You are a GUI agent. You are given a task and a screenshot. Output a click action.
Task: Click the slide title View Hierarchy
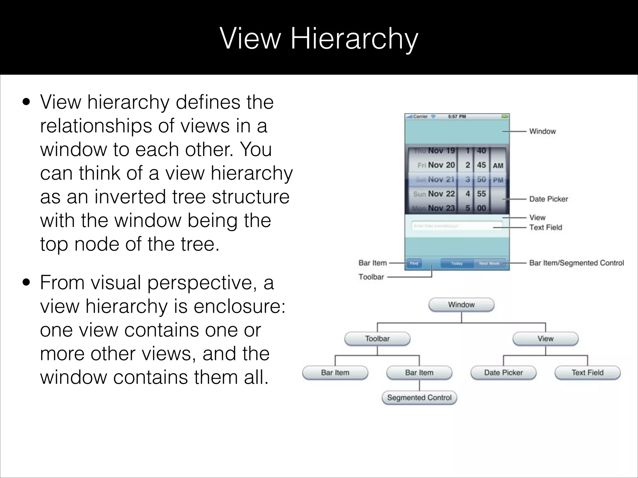pyautogui.click(x=319, y=38)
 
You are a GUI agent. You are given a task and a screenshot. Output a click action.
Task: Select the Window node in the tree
pyautogui.click(x=461, y=305)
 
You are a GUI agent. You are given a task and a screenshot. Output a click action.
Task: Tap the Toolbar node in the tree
pyautogui.click(x=377, y=339)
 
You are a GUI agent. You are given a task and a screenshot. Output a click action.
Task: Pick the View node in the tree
pyautogui.click(x=545, y=339)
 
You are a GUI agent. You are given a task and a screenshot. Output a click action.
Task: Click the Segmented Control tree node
pyautogui.click(x=419, y=398)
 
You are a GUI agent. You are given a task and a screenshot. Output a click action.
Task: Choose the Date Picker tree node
pyautogui.click(x=503, y=373)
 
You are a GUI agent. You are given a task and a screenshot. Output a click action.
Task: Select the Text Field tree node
pyautogui.click(x=587, y=373)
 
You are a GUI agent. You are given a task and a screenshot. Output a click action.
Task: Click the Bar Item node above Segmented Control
pyautogui.click(x=419, y=373)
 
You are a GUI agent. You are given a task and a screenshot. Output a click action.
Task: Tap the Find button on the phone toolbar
pyautogui.click(x=414, y=263)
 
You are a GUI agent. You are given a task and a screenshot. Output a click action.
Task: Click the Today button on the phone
pyautogui.click(x=457, y=263)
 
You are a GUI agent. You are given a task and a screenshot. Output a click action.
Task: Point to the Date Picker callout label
pyautogui.click(x=548, y=199)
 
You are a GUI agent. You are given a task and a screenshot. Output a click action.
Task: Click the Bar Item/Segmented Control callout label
pyautogui.click(x=576, y=263)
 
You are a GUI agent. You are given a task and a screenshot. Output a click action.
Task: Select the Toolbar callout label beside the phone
pyautogui.click(x=371, y=277)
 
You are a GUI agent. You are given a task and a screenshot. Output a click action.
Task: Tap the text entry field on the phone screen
pyautogui.click(x=457, y=226)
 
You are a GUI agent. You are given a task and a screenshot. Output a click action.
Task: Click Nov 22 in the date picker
pyautogui.click(x=441, y=194)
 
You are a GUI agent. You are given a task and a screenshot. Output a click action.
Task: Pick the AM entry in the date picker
pyautogui.click(x=498, y=166)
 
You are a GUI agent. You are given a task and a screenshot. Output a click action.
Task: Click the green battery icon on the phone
pyautogui.click(x=505, y=116)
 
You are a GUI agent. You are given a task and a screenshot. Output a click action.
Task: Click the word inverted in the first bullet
pyautogui.click(x=127, y=197)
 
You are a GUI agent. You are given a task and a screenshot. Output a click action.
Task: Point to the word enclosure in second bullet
pyautogui.click(x=239, y=307)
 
